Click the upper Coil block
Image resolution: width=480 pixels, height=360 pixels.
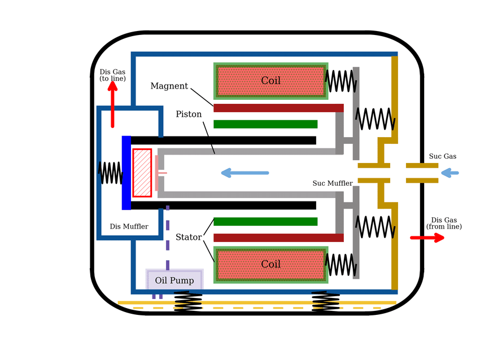270,81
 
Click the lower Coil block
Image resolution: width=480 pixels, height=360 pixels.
270,264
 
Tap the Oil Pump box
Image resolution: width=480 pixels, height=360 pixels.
174,280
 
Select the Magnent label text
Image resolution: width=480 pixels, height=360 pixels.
169,86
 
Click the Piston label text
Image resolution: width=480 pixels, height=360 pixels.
189,114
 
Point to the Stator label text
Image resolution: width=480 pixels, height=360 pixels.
189,238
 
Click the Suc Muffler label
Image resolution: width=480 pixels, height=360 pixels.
333,183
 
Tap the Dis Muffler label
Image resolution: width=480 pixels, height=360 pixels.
129,227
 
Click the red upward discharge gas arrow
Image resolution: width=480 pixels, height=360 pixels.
113,104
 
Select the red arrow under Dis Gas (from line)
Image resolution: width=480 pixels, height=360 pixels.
427,238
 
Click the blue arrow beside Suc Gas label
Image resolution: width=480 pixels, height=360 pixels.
450,173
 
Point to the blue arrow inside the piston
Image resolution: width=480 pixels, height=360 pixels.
245,173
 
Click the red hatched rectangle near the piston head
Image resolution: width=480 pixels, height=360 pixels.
142,173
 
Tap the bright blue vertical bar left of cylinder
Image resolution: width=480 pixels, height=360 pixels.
126,173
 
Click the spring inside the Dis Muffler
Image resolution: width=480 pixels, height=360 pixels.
110,173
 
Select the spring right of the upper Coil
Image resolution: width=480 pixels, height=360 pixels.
341,81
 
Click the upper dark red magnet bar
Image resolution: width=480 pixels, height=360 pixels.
278,108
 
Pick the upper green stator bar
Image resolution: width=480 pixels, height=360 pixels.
265,124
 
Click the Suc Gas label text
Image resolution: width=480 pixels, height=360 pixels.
443,156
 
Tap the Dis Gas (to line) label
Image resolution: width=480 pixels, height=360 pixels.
113,75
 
